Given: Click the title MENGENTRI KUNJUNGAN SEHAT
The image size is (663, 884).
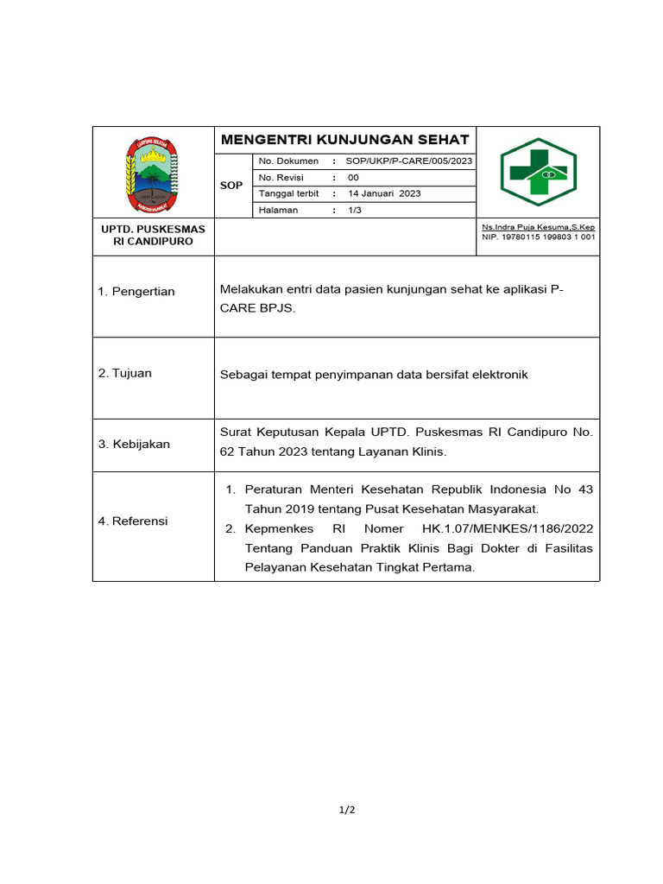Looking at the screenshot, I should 344,140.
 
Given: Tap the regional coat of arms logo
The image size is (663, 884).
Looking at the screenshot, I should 153,174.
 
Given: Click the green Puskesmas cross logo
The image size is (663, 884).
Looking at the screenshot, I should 539,172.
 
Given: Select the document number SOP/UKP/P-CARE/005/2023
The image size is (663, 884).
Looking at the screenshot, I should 408,161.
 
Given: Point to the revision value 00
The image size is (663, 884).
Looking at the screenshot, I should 353,178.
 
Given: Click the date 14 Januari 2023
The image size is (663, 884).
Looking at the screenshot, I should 384,194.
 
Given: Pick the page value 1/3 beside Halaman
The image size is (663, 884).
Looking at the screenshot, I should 355,210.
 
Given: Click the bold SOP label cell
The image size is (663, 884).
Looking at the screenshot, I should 231,186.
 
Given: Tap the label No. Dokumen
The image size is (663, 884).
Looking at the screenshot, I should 288,161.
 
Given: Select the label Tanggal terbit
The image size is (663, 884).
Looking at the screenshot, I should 289,194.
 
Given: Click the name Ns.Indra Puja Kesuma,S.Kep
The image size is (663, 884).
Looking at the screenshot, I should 538,227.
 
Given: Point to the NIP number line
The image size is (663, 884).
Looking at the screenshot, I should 538,237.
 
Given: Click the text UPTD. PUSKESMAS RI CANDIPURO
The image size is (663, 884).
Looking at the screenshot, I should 153,236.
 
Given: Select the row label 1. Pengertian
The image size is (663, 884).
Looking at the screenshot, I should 136,292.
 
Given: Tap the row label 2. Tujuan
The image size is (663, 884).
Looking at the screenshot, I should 125,374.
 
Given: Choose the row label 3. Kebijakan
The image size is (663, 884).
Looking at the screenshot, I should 134,445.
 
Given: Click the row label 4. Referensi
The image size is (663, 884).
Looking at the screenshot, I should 133,521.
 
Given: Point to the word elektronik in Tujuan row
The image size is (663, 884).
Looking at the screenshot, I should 497,375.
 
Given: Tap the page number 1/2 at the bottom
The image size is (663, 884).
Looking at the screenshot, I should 346,810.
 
